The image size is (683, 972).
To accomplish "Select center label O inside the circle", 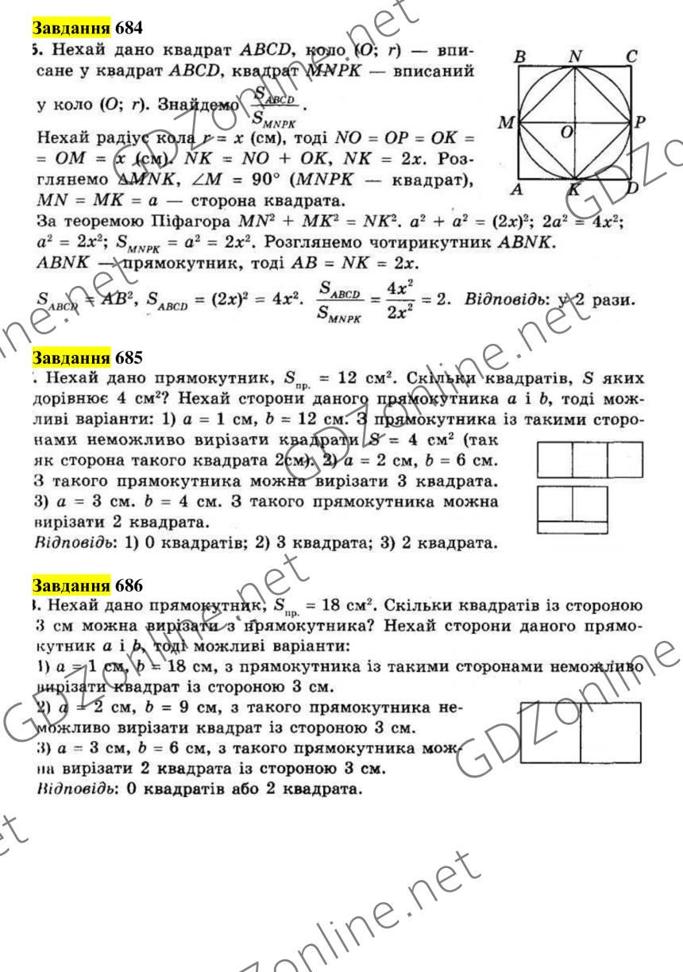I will [x=567, y=132].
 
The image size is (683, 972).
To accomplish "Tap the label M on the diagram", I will [x=504, y=124].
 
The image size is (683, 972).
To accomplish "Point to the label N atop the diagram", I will [x=577, y=56].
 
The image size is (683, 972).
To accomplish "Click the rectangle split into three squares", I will [x=590, y=461].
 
